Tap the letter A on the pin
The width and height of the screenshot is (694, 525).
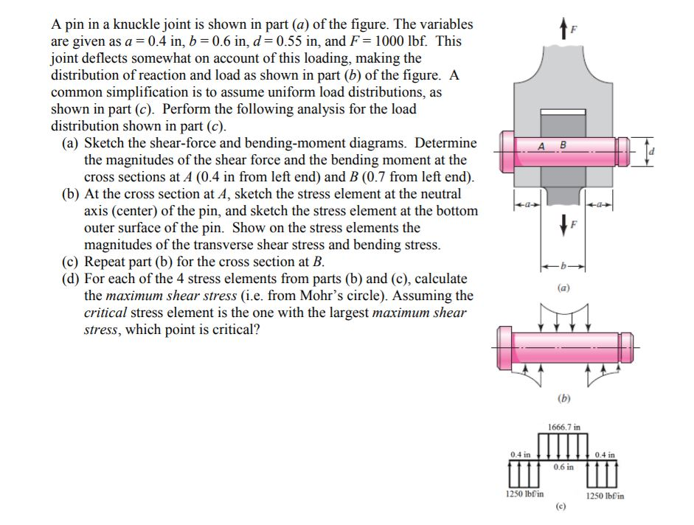(x=541, y=145)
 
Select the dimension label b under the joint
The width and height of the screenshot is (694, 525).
(x=563, y=264)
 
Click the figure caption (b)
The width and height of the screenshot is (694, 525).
(x=563, y=399)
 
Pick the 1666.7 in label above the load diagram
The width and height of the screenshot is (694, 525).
(x=563, y=426)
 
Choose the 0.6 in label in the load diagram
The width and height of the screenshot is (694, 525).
(x=564, y=467)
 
